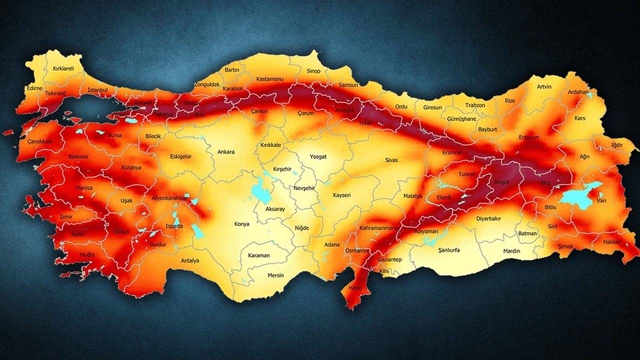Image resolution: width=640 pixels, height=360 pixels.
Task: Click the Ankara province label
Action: point(225,151)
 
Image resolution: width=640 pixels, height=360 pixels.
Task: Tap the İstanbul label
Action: point(97,89)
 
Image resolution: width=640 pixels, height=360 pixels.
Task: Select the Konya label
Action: point(241,224)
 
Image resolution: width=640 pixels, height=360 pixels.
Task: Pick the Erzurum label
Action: point(529,136)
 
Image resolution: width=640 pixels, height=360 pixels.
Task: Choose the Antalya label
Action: point(190,260)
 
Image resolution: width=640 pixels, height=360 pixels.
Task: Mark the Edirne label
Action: point(34,87)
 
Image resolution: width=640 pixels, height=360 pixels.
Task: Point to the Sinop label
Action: point(313,71)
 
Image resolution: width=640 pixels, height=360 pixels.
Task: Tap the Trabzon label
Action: point(475,105)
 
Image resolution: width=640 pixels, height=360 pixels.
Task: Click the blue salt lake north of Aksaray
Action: point(260,190)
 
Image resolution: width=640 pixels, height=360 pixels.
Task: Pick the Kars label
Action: point(580,118)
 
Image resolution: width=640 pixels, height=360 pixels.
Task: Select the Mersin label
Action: point(275,275)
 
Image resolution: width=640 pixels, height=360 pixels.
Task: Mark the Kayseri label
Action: point(341,194)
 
